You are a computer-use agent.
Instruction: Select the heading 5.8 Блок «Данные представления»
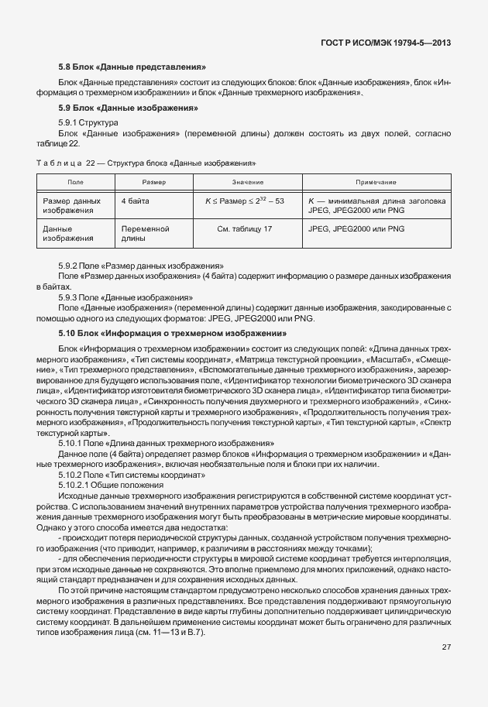point(132,67)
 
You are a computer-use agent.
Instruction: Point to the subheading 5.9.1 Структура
point(88,122)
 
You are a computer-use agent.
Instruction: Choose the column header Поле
point(75,181)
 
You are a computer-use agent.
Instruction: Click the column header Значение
point(247,181)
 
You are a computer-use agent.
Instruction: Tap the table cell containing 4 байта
point(136,201)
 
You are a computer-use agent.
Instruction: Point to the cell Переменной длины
point(145,234)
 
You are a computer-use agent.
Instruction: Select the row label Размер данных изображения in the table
point(72,205)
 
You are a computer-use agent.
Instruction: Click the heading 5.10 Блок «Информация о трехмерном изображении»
point(172,333)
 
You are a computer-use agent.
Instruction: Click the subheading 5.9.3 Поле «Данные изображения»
point(125,297)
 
